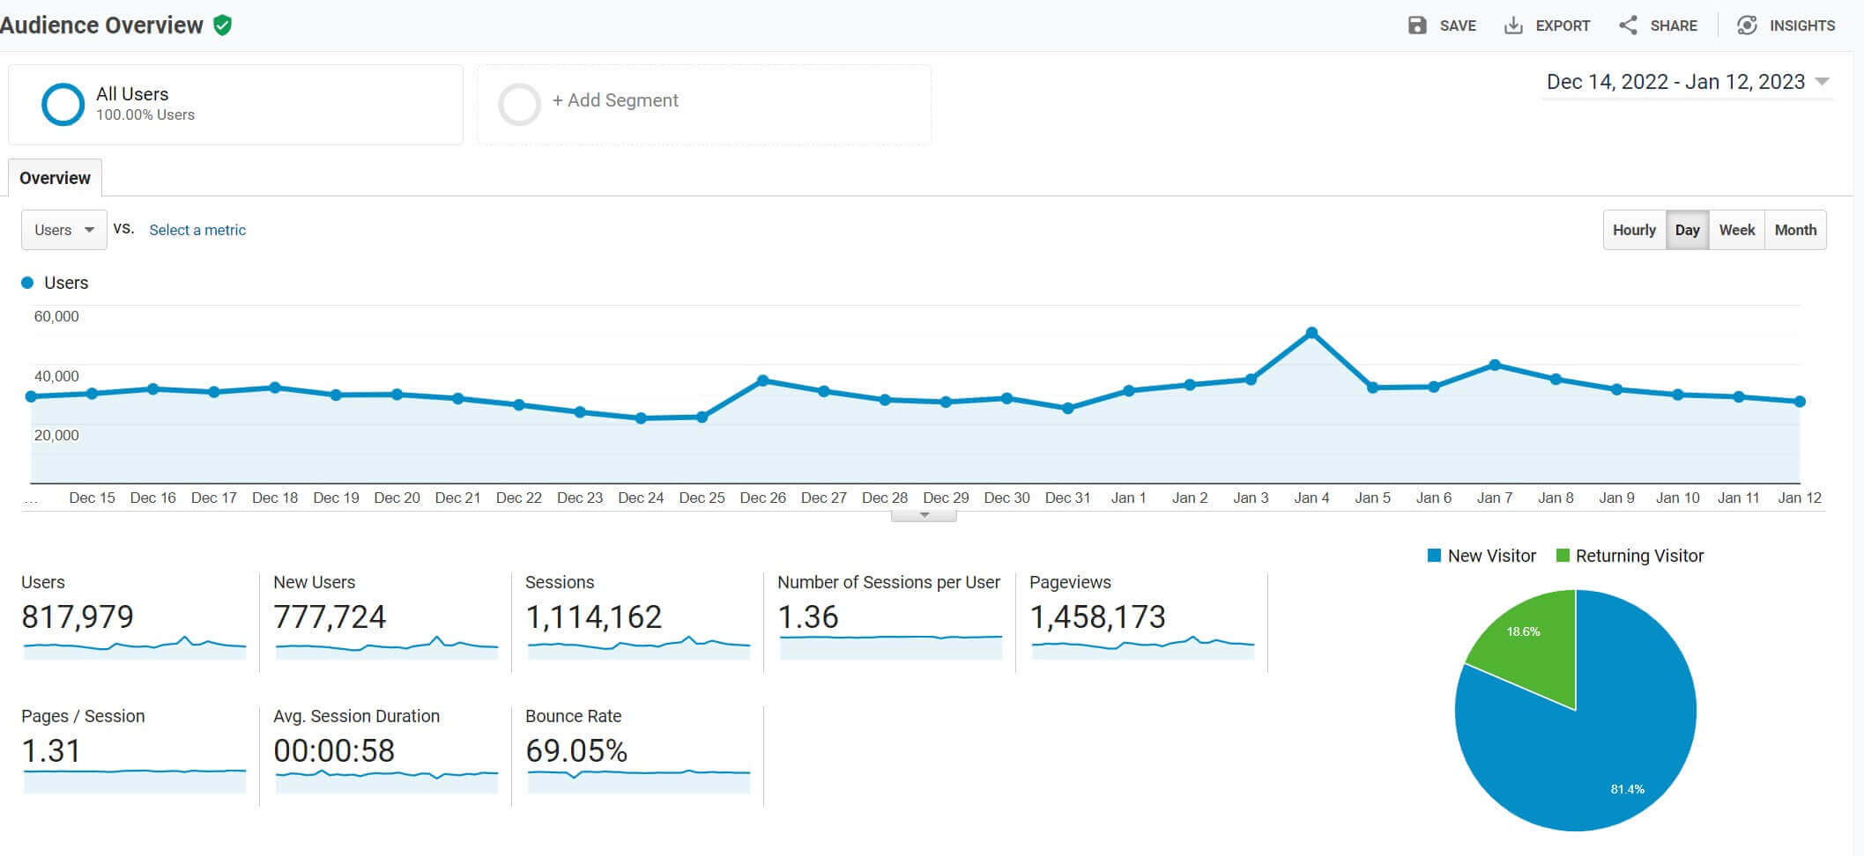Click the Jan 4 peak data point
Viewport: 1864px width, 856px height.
pos(1311,333)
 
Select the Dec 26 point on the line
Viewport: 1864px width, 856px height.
pos(763,380)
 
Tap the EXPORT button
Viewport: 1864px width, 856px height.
pos(1547,26)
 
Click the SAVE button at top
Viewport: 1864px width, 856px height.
pos(1442,26)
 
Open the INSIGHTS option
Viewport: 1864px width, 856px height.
pos(1786,26)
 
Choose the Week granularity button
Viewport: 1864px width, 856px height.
pos(1736,230)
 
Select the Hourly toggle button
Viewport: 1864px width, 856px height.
pos(1634,230)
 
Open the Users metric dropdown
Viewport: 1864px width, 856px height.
pos(64,230)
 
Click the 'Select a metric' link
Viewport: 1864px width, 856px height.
pos(197,230)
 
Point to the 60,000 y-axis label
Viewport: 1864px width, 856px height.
pos(56,316)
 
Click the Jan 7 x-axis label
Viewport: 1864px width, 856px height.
pos(1494,498)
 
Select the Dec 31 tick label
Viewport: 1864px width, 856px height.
pos(1067,498)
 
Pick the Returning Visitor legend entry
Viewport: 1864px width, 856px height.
pos(1630,556)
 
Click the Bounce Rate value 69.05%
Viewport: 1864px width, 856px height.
pos(576,751)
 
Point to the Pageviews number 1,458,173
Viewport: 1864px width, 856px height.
pos(1097,617)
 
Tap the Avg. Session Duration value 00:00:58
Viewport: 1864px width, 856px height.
pos(334,751)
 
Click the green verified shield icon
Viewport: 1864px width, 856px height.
pos(223,26)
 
